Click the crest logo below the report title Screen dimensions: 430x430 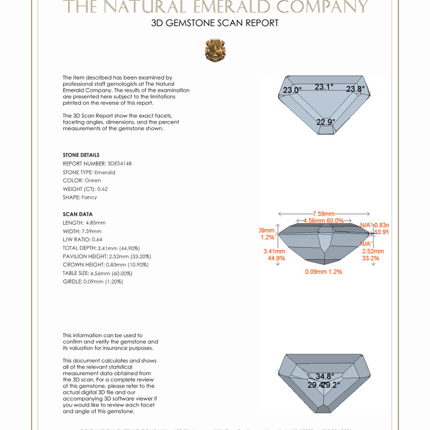click(x=215, y=50)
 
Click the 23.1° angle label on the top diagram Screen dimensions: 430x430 click(x=324, y=87)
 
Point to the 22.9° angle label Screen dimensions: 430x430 click(x=326, y=122)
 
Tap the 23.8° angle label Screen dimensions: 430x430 click(x=355, y=89)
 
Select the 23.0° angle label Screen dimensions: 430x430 click(x=292, y=90)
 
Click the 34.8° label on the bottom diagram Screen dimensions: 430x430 click(x=325, y=377)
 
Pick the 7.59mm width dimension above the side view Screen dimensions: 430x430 click(x=323, y=214)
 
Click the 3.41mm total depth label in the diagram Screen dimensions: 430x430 click(x=274, y=251)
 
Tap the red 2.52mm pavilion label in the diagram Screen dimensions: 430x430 click(x=373, y=251)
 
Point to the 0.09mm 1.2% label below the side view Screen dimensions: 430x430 click(x=323, y=271)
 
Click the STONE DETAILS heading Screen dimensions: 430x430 click(x=81, y=155)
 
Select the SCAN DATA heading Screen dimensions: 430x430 click(x=77, y=214)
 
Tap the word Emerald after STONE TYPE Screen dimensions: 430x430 click(x=105, y=172)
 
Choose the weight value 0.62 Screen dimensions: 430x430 click(x=103, y=189)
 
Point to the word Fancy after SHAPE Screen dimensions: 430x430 click(x=89, y=197)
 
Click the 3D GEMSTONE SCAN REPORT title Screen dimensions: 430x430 click(x=215, y=24)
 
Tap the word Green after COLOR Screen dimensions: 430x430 click(x=93, y=181)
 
